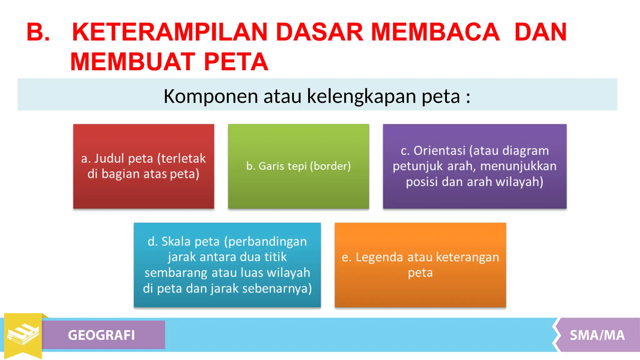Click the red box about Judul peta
[x=143, y=166]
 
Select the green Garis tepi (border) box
[x=298, y=166]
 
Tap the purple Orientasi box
[x=475, y=166]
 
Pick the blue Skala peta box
[x=227, y=265]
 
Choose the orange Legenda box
[x=420, y=265]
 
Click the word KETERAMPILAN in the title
[x=170, y=32]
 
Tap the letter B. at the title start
[x=38, y=32]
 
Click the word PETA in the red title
[x=236, y=62]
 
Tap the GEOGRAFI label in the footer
[x=101, y=335]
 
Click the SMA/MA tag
[x=597, y=335]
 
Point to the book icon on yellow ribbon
[x=23, y=334]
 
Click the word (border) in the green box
[x=330, y=166]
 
